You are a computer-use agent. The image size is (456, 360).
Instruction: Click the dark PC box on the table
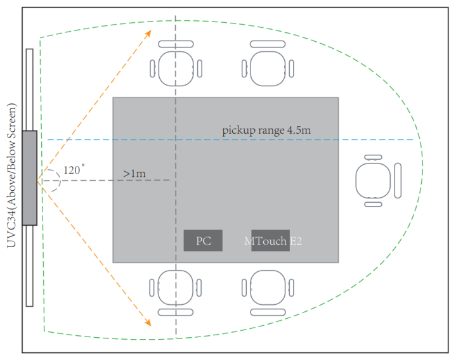(x=203, y=241)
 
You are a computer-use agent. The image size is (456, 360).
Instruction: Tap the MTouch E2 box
(x=270, y=241)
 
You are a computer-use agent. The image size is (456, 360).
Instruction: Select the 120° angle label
(x=74, y=169)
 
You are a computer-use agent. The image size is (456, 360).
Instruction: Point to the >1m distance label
(x=134, y=174)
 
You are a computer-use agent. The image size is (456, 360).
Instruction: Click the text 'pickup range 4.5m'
(x=266, y=130)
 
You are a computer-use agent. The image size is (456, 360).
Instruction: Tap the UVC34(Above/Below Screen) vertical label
(x=11, y=175)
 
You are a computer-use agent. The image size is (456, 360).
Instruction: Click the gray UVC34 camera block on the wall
(x=30, y=178)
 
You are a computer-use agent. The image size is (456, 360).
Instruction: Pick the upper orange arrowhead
(x=148, y=33)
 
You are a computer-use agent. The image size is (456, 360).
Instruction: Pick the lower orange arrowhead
(x=148, y=322)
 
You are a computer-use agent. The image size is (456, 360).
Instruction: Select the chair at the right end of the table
(x=378, y=181)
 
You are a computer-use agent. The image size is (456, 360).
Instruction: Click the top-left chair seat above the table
(x=176, y=68)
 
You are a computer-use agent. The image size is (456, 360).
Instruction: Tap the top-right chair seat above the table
(x=268, y=68)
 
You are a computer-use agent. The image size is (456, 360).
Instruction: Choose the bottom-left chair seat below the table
(x=176, y=288)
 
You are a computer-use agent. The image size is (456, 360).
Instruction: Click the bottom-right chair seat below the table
(x=268, y=288)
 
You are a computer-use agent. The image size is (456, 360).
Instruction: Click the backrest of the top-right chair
(x=268, y=44)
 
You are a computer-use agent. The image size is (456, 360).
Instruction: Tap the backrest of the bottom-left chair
(x=176, y=312)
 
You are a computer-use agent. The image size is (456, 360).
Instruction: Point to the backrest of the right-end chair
(x=398, y=181)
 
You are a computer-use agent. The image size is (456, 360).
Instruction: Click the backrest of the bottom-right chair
(x=268, y=312)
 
